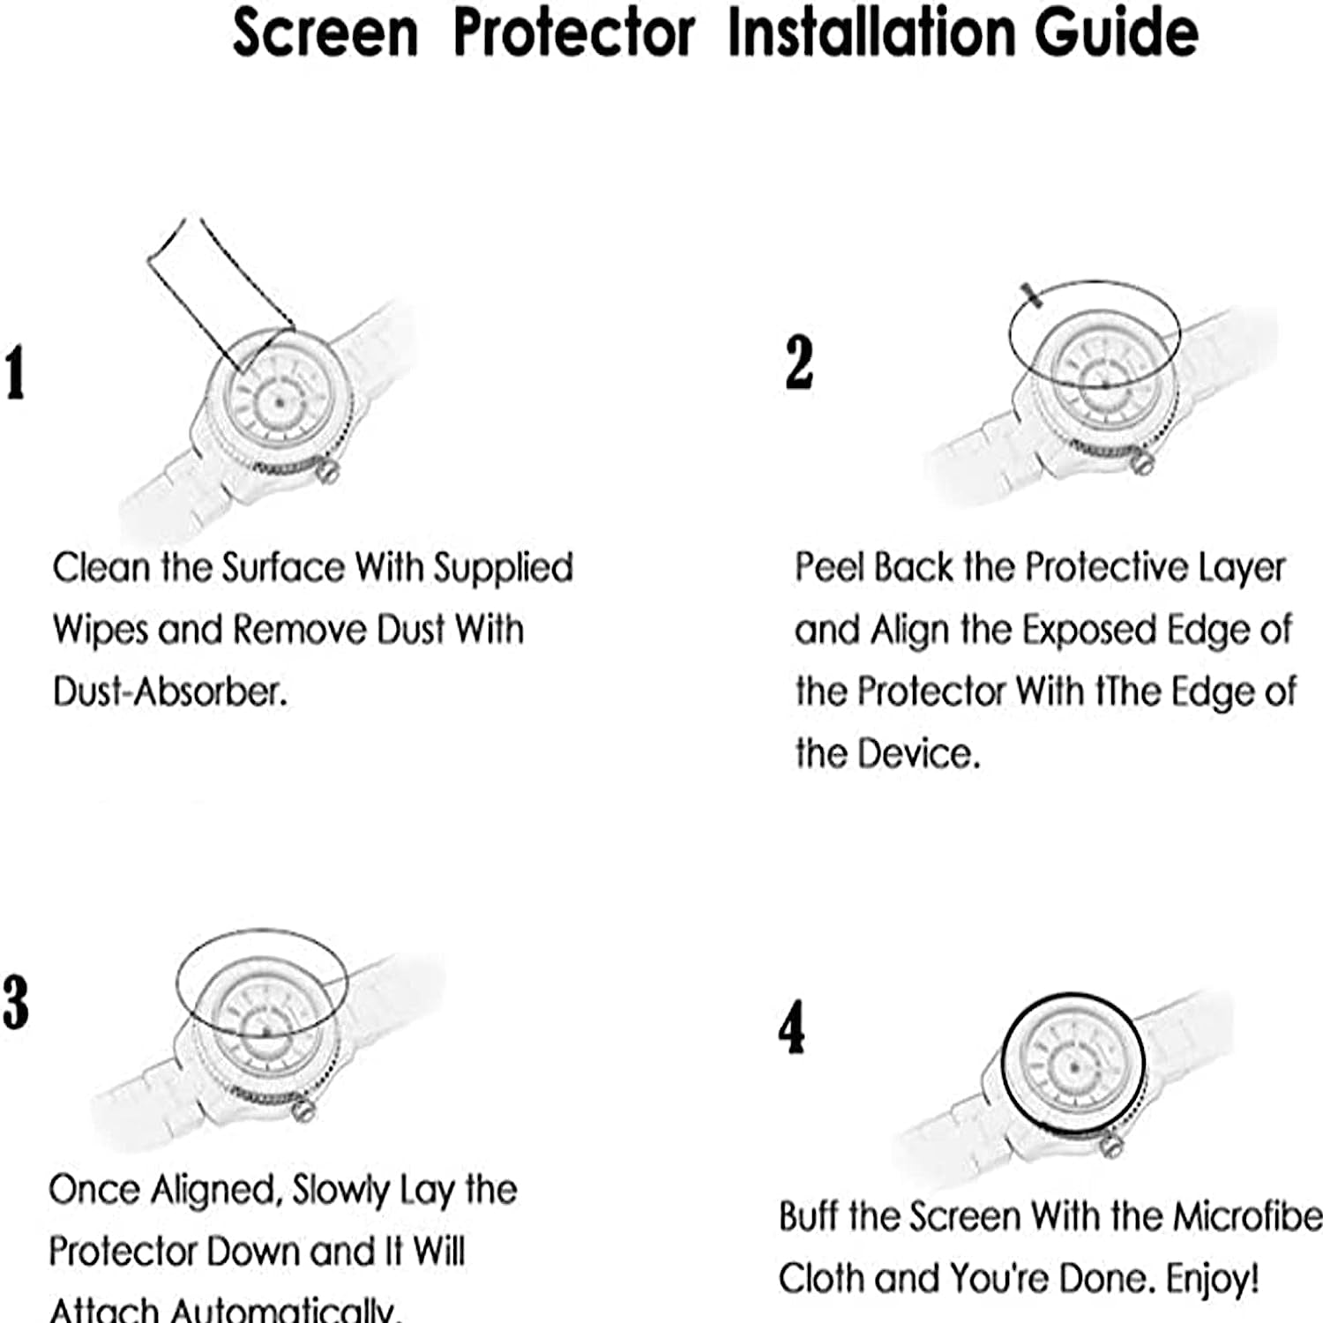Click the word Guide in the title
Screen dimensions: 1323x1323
tap(1116, 33)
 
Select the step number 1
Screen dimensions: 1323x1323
tap(15, 373)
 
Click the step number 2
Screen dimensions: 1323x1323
tap(799, 363)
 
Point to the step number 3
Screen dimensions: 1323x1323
tap(15, 1003)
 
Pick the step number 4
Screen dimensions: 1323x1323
tap(791, 1028)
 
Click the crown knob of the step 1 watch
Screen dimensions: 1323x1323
tap(328, 471)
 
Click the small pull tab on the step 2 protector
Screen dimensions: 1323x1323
tap(1031, 295)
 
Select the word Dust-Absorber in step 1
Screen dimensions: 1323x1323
tap(170, 691)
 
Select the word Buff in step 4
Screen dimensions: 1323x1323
tap(808, 1217)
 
